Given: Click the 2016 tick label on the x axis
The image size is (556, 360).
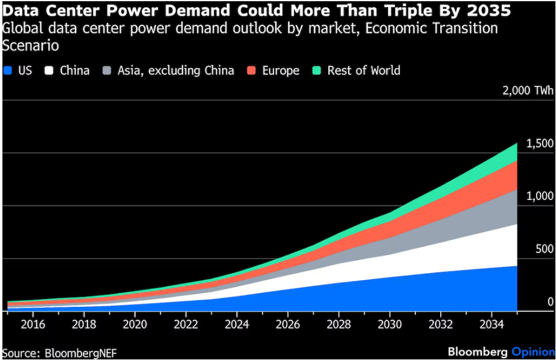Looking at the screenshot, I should pos(33,324).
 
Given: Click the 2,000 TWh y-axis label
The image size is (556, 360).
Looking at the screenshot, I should pos(527,91).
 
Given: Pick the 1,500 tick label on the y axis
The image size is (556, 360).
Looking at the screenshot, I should pos(539,144).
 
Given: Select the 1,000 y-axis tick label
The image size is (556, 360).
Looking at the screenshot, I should pos(539,196).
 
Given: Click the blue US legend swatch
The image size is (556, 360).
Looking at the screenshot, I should pos(8,71).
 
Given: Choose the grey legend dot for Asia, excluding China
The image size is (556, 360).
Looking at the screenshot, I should pos(107,71).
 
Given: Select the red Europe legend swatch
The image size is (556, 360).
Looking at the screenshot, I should pos(251,71).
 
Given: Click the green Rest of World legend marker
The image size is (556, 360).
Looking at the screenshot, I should pos(317,71).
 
